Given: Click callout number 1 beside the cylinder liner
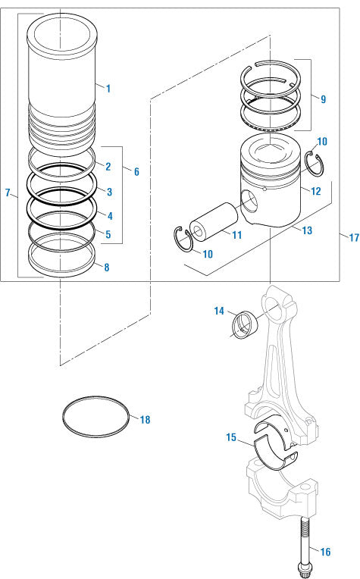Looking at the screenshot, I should [x=108, y=89].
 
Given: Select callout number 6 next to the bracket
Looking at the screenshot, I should [x=136, y=171].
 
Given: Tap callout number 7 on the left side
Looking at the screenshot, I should [x=8, y=193].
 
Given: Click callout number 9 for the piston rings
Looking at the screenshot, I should [x=323, y=99].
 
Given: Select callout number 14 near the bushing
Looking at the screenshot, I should [x=219, y=311].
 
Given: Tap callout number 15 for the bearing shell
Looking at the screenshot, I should [x=231, y=437].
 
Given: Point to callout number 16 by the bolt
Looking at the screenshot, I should [x=324, y=552].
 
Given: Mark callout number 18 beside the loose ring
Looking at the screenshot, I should [x=145, y=418].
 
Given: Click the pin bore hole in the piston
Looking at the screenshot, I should [x=249, y=201].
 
